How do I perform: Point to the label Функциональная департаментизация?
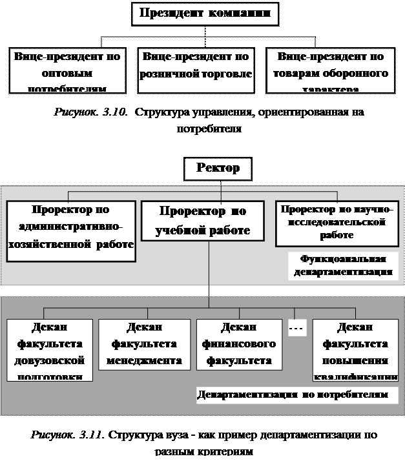point(342,265)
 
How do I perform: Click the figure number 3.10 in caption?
point(112,112)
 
